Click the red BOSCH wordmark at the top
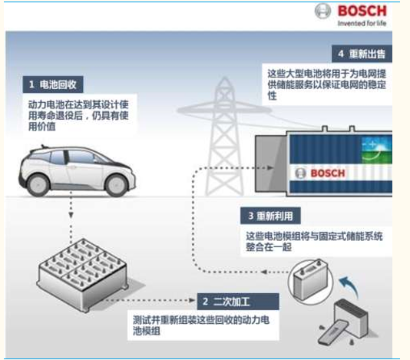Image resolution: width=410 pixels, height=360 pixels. (x=362, y=11)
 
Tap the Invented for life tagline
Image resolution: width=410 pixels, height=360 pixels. (x=362, y=23)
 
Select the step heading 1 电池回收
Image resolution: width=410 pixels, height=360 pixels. (x=53, y=84)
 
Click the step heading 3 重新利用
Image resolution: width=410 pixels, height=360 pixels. (x=270, y=216)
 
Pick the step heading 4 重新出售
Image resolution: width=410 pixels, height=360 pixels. (x=362, y=54)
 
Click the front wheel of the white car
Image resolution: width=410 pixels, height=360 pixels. (x=116, y=185)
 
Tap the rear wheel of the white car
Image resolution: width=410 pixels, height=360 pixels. (x=38, y=185)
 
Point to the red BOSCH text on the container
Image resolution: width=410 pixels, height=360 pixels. (x=327, y=173)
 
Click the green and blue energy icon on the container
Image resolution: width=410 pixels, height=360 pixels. (x=376, y=150)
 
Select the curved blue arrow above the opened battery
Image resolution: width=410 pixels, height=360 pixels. (x=349, y=286)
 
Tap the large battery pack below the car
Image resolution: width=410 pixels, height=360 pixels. (x=83, y=275)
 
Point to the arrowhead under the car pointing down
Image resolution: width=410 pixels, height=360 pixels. (x=71, y=215)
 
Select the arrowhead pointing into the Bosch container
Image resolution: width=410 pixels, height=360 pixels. (x=270, y=168)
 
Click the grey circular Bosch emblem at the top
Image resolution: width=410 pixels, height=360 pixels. (x=322, y=11)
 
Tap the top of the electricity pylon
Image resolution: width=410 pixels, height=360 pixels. (x=224, y=78)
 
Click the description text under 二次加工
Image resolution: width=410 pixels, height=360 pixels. (x=201, y=325)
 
